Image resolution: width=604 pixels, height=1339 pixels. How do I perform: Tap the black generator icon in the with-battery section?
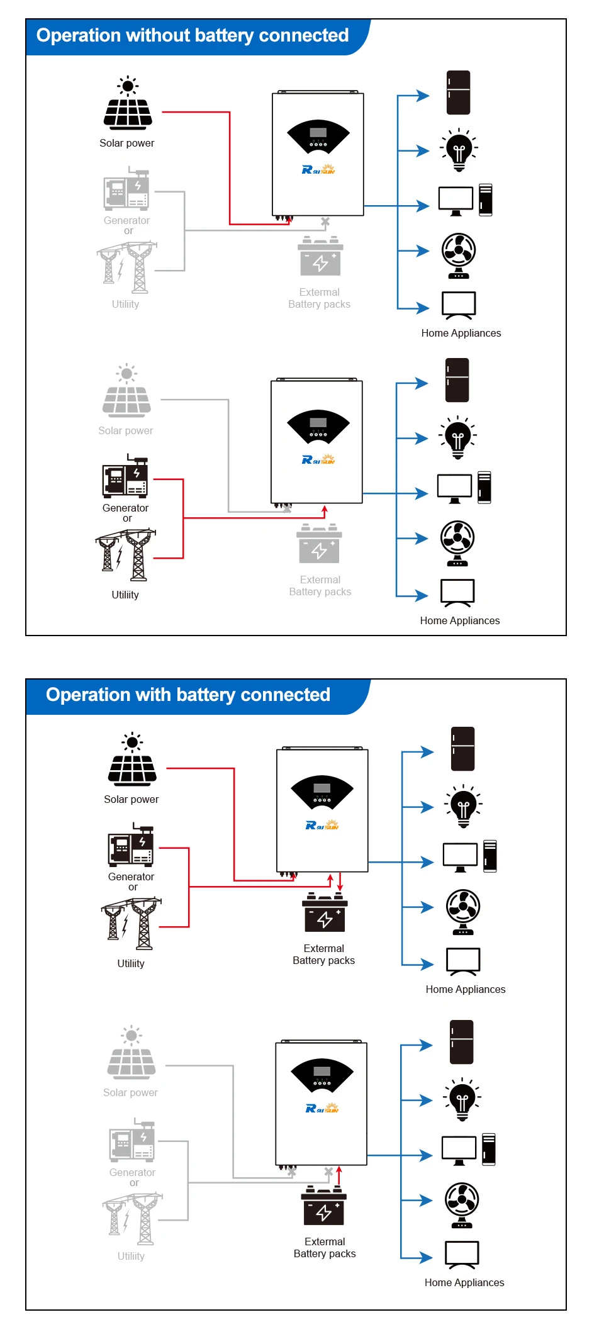click(131, 845)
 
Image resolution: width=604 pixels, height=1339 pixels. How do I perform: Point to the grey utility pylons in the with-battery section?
click(132, 1219)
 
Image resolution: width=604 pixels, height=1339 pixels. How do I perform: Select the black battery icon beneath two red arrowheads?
click(325, 914)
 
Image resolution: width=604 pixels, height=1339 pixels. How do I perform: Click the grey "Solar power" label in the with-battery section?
click(130, 1092)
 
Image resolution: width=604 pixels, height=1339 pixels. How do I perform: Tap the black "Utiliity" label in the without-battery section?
click(125, 595)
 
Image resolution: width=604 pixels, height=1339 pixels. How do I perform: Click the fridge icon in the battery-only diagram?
click(461, 1042)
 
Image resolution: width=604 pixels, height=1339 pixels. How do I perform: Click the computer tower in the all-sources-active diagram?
click(490, 856)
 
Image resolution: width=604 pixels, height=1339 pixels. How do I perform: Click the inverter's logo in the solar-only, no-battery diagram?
click(318, 169)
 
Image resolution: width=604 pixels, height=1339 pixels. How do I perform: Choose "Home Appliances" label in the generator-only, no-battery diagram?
click(460, 620)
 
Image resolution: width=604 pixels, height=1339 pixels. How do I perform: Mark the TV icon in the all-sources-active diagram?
click(463, 961)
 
